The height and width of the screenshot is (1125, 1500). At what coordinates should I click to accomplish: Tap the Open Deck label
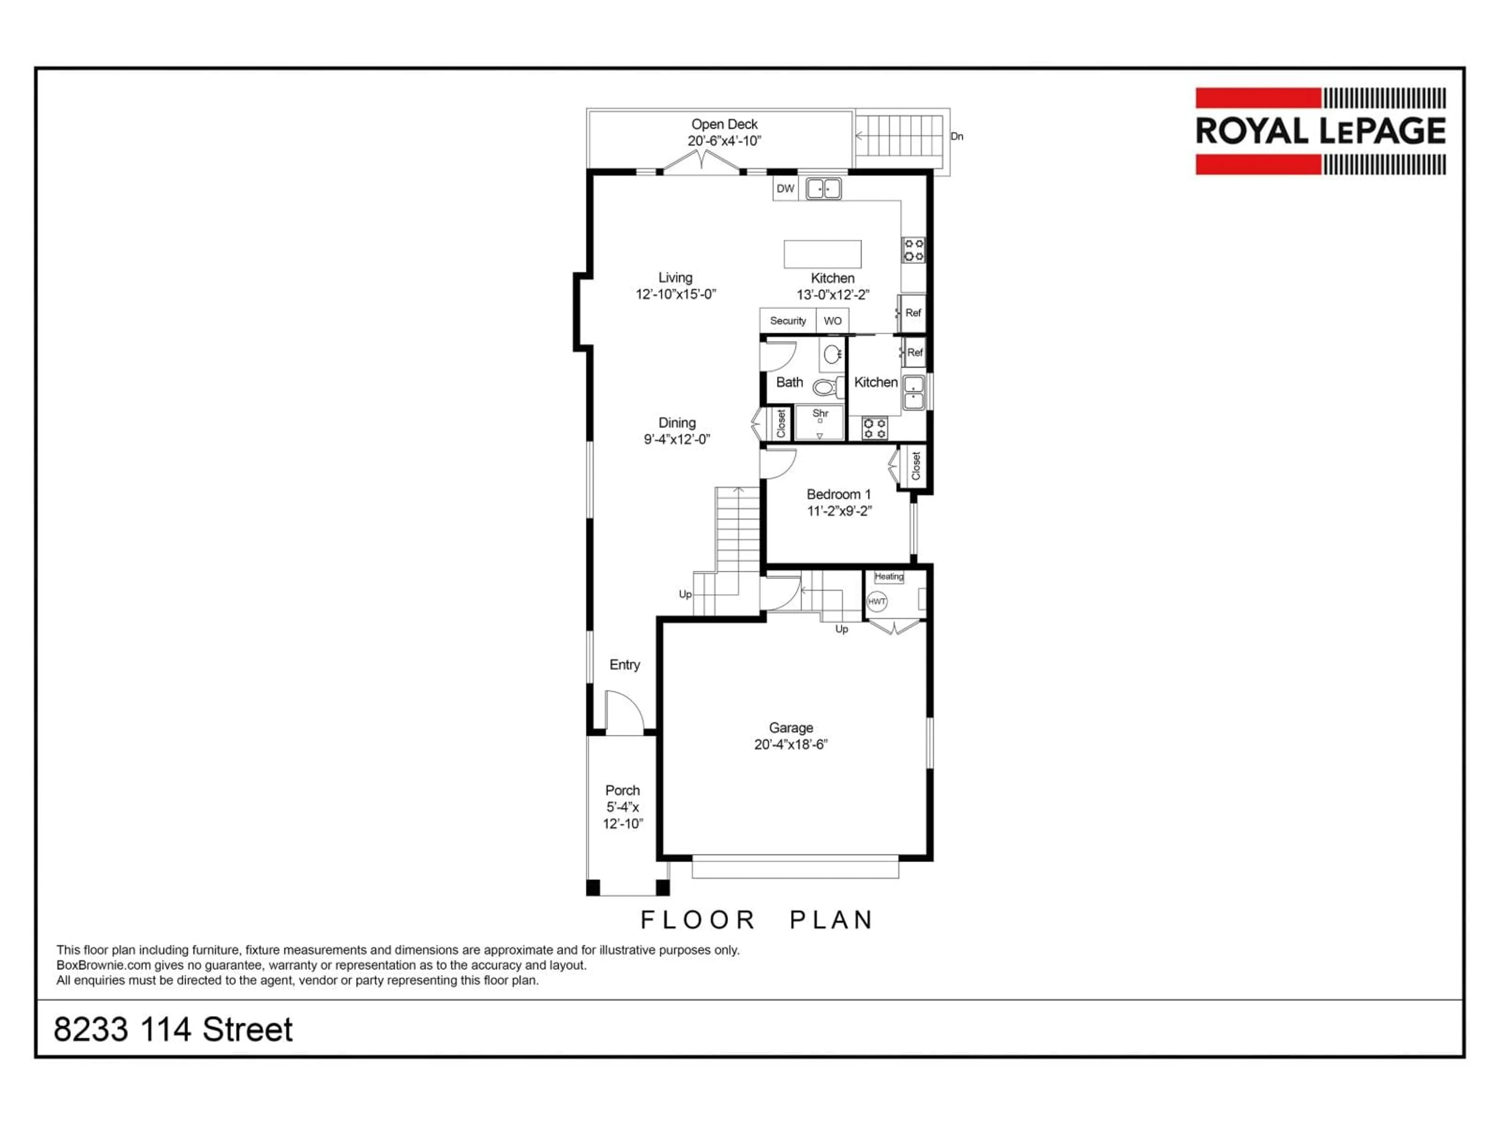(724, 125)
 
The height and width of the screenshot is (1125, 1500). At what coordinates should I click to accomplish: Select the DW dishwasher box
(785, 189)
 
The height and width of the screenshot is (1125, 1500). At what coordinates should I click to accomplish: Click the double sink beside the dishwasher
(823, 189)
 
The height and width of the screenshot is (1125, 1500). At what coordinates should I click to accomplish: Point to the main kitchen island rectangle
(823, 254)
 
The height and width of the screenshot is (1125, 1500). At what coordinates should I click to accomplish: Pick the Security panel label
(788, 321)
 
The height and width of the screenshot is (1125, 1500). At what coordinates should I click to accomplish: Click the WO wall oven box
(833, 321)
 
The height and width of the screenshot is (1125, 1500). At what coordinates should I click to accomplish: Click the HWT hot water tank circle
(877, 602)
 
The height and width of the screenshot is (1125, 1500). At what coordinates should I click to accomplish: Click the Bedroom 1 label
(838, 495)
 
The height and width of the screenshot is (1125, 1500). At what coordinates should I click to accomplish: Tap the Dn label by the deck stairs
(957, 136)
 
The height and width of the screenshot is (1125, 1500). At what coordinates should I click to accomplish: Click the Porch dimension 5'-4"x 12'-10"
(623, 815)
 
